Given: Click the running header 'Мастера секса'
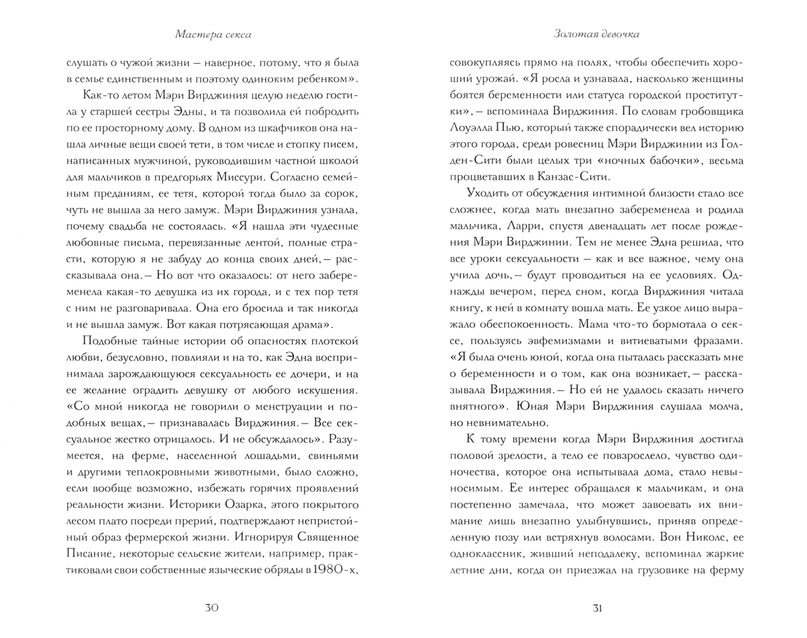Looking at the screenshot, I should coord(213,34).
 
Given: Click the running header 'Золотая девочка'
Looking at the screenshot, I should coord(596,34).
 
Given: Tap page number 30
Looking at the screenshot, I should coord(212,608).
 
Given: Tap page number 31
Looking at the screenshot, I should coord(597,608).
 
